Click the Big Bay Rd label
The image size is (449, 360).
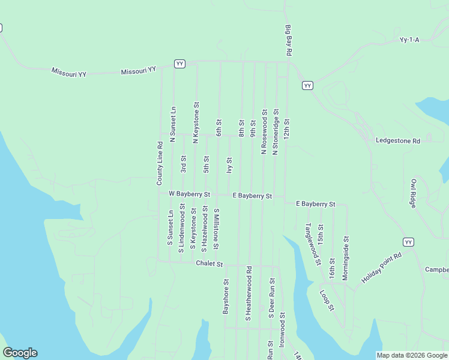(289, 41)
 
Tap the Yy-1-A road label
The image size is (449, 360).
(409, 40)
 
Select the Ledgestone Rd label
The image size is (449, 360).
(398, 141)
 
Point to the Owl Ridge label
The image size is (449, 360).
(413, 194)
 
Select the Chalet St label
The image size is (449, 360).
(209, 264)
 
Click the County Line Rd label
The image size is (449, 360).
(160, 163)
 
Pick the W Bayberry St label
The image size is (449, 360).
(189, 194)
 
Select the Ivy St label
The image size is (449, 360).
(229, 166)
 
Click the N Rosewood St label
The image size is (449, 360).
(264, 131)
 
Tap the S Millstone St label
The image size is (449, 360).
(216, 229)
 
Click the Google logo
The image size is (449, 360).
(20, 353)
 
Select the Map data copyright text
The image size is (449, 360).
(412, 355)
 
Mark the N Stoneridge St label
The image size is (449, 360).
(276, 131)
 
